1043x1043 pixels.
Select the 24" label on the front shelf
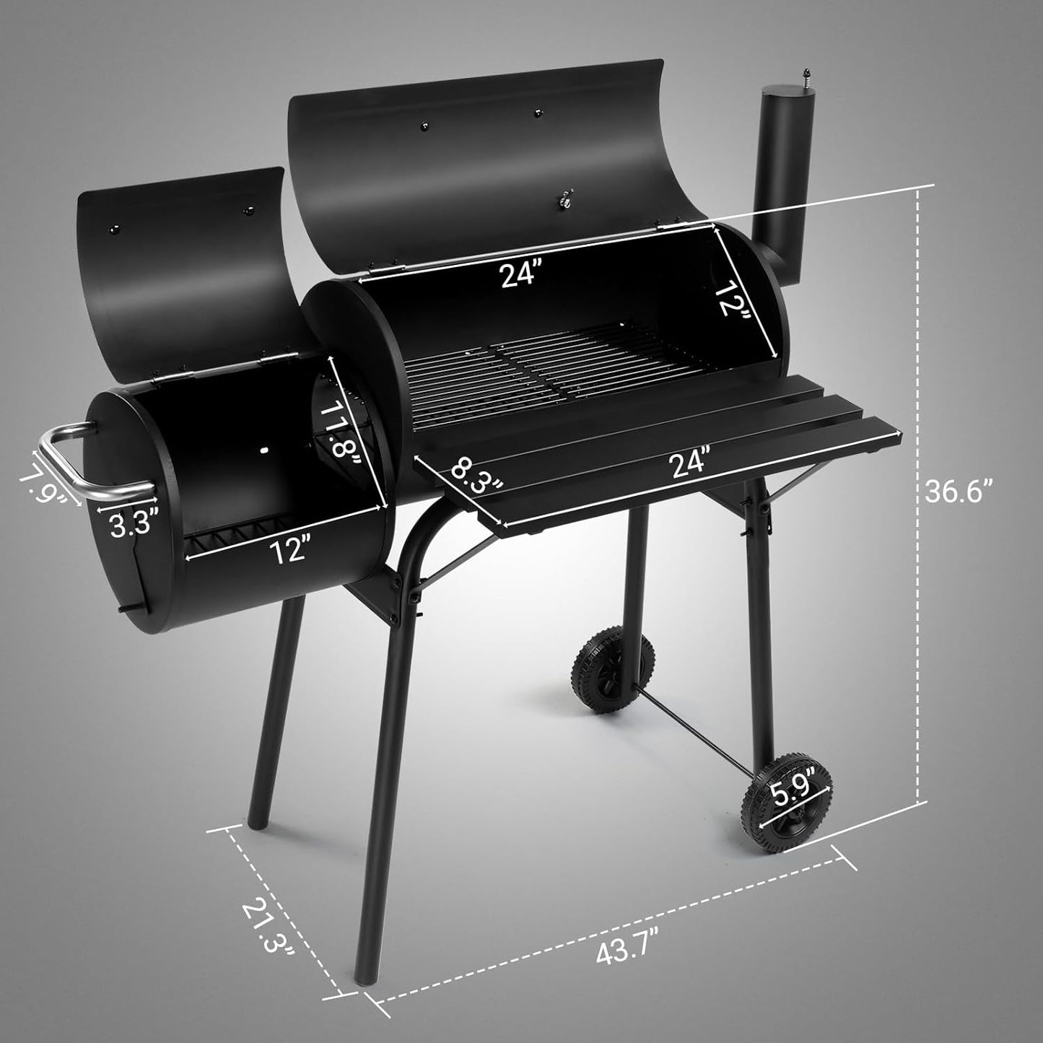(689, 463)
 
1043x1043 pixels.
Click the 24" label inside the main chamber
(521, 274)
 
